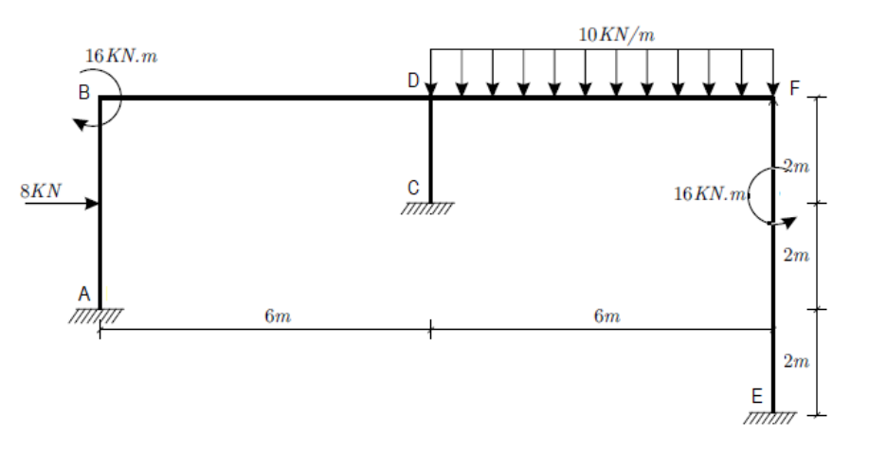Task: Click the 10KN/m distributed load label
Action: tap(616, 34)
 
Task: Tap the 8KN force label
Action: tap(41, 190)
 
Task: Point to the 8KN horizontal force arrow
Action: tap(61, 203)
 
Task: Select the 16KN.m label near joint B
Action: tap(121, 56)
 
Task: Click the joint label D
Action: tap(413, 82)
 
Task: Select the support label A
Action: tap(84, 295)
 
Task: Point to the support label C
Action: tap(414, 188)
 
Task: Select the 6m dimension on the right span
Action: tap(606, 316)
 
